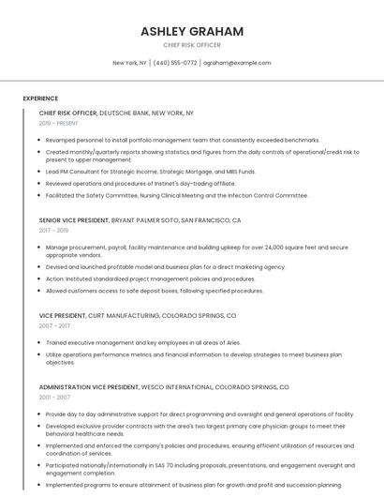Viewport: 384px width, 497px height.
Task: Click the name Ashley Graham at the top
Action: tap(192, 31)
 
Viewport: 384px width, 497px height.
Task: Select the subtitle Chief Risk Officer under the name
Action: tap(192, 45)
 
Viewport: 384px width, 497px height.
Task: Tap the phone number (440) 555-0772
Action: tap(175, 63)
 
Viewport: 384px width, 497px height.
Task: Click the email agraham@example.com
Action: tap(237, 63)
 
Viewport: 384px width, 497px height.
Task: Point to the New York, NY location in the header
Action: tap(129, 63)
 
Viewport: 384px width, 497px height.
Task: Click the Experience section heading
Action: tap(40, 98)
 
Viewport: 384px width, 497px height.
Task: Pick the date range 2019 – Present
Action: tap(59, 123)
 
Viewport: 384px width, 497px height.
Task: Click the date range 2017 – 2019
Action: tap(53, 231)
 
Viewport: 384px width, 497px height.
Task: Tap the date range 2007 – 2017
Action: tap(53, 326)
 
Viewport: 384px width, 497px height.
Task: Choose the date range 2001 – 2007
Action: tap(53, 397)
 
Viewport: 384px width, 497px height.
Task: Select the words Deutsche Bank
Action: tap(123, 113)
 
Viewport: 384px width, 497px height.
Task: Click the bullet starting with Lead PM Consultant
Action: tap(150, 172)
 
